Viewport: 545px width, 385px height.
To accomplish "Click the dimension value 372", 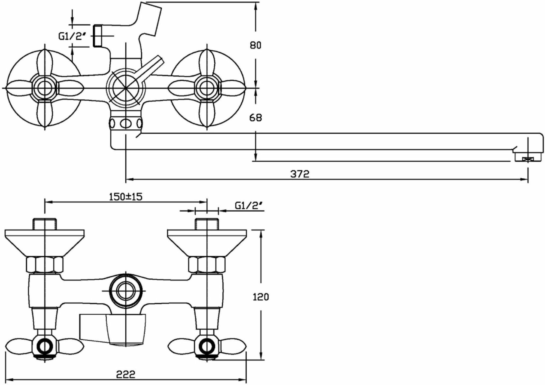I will coord(299,174).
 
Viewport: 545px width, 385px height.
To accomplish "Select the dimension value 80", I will coord(255,45).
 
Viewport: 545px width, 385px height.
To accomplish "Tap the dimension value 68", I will coord(255,118).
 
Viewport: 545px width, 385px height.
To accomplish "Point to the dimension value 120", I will coord(261,297).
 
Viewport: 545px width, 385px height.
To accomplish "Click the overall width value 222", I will coord(126,374).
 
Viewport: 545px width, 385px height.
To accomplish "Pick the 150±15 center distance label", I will coord(126,197).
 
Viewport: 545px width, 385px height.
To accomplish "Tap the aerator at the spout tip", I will coord(528,158).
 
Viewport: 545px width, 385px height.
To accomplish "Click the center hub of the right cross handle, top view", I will coord(207,88).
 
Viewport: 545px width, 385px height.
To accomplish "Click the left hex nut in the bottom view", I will coord(45,264).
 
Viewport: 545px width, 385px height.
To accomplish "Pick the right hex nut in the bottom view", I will coord(207,264).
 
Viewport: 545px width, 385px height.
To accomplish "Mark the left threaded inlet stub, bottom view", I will coord(45,224).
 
